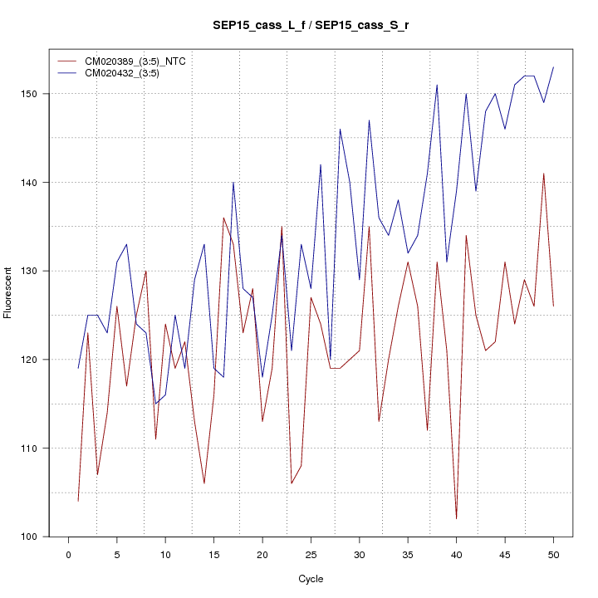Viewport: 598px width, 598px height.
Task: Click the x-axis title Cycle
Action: tap(311, 579)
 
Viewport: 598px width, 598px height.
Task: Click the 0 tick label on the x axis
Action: tap(68, 554)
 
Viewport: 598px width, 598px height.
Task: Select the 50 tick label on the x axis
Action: tap(553, 554)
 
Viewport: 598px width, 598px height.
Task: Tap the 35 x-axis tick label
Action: tap(408, 554)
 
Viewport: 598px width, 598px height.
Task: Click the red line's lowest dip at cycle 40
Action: tap(457, 518)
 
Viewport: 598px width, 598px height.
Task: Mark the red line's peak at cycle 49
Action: tap(544, 174)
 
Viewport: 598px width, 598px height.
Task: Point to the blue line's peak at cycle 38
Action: tap(437, 85)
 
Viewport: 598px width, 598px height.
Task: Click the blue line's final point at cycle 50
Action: tap(553, 67)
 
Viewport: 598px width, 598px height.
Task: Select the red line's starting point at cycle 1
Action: tap(78, 501)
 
